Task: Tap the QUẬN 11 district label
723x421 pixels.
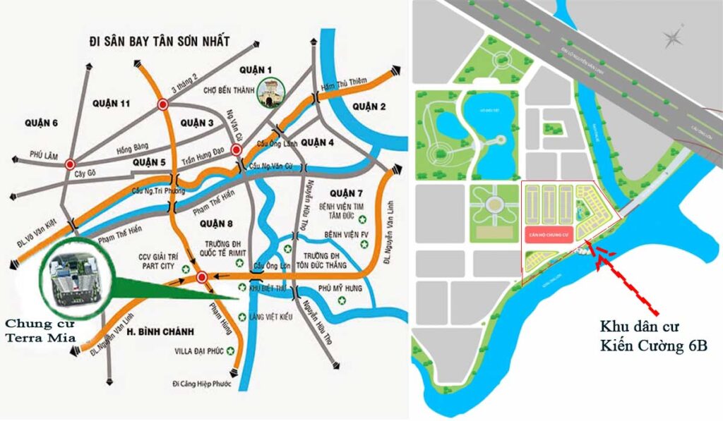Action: (x=111, y=104)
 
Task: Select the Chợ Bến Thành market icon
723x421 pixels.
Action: (x=270, y=92)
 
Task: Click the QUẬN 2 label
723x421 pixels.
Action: (x=369, y=106)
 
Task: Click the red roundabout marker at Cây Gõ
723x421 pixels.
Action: (x=69, y=165)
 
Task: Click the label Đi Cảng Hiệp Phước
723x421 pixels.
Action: (x=204, y=384)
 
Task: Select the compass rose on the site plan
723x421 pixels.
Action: (x=674, y=36)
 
